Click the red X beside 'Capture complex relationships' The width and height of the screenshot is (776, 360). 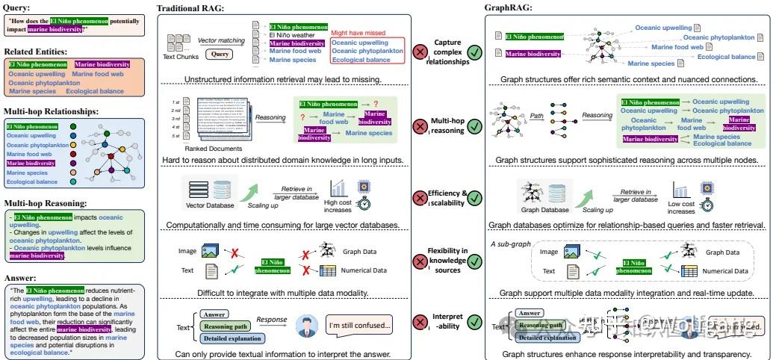click(420, 52)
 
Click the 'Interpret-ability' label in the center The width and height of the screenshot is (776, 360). click(447, 321)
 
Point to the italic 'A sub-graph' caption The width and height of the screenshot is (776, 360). click(509, 243)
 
